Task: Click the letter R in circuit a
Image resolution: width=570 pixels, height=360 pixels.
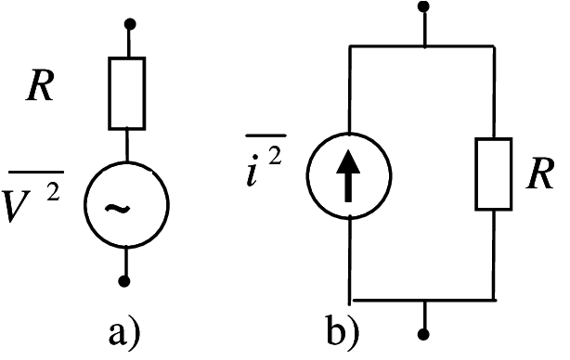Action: point(40,87)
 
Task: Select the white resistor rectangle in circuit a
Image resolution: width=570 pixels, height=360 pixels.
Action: point(127,93)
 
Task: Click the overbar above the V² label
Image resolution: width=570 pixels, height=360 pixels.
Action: point(35,170)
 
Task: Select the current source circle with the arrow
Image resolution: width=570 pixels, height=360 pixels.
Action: point(349,176)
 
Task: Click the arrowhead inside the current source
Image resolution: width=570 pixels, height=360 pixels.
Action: point(349,160)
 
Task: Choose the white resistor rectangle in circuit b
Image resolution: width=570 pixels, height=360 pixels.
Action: point(493,174)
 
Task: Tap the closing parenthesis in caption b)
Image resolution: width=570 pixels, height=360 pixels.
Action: point(358,331)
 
